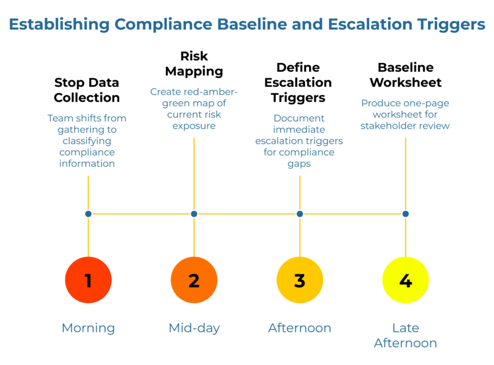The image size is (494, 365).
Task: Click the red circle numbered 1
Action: click(88, 280)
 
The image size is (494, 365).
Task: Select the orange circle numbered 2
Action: click(194, 280)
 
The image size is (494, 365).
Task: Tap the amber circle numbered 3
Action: click(300, 280)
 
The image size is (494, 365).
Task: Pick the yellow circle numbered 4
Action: click(405, 280)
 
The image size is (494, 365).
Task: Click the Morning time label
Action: click(88, 328)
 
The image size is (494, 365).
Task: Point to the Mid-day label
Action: click(194, 328)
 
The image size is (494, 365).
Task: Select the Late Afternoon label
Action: click(405, 336)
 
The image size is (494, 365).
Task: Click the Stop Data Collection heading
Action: click(87, 90)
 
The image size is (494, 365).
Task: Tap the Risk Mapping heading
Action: click(194, 64)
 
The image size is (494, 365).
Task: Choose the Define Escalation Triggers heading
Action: click(298, 82)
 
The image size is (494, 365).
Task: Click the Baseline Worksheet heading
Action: click(405, 75)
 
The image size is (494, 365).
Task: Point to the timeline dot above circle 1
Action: click(88, 214)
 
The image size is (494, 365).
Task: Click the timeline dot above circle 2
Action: click(194, 214)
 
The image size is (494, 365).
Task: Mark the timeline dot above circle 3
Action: click(300, 214)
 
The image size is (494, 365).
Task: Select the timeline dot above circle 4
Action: click(405, 214)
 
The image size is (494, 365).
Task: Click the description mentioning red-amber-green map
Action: click(194, 108)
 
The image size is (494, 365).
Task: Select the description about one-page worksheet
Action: click(405, 114)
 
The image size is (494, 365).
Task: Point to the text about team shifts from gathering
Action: click(87, 141)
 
